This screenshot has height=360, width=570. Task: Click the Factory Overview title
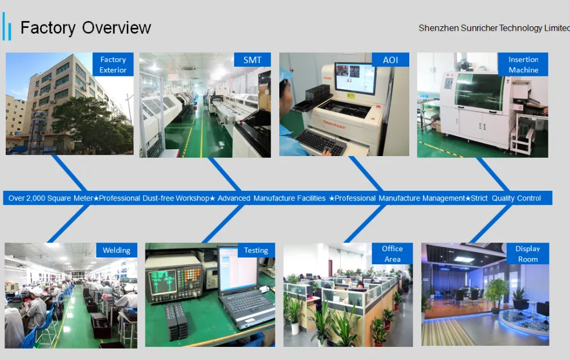[x=85, y=28]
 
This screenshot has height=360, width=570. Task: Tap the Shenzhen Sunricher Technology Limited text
[x=494, y=28]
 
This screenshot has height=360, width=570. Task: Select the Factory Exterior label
[x=113, y=64]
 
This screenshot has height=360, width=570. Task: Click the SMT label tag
[x=253, y=60]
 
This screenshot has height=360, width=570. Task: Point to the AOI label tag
[x=390, y=60]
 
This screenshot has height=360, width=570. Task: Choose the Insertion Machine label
[x=523, y=64]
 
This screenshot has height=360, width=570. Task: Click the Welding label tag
[x=116, y=250]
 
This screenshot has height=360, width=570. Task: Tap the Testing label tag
[x=256, y=250]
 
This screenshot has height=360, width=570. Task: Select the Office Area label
[x=392, y=253]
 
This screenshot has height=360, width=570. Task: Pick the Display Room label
[x=527, y=253]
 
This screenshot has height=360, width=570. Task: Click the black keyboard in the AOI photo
[x=320, y=141]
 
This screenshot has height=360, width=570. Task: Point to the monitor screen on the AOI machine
[x=355, y=78]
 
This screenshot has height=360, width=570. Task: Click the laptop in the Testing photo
[x=245, y=287]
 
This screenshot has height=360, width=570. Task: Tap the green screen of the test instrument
[x=162, y=281]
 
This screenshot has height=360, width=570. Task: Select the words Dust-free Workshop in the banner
[x=176, y=198]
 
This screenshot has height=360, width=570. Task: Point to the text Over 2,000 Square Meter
[x=51, y=198]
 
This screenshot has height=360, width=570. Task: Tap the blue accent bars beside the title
[x=6, y=26]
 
